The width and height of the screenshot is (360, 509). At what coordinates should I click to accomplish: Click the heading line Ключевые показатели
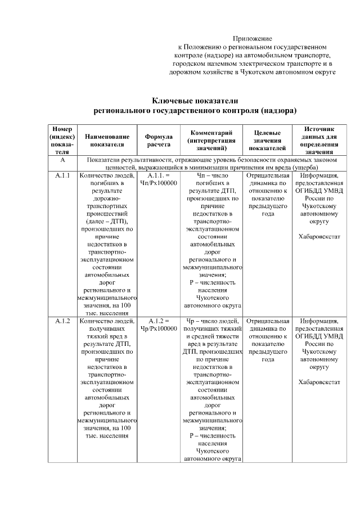195,100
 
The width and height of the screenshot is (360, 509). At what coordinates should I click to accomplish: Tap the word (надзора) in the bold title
275,110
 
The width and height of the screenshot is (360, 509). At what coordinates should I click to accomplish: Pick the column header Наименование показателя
107,140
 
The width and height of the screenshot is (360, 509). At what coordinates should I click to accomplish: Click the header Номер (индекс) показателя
62,140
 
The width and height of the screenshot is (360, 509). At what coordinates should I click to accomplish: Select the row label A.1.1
62,176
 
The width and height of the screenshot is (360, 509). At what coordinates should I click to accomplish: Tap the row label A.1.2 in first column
62,321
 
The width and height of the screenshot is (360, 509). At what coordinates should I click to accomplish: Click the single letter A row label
62,160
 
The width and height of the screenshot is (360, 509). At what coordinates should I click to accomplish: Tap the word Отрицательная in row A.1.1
268,176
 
